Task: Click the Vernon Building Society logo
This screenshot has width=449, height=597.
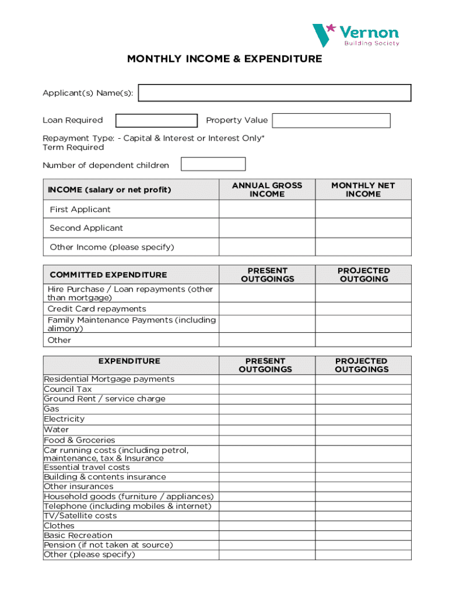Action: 356,35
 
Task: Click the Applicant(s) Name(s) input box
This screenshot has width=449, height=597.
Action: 275,93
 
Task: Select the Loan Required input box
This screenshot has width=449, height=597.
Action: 156,121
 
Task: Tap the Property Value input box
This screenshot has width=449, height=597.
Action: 331,121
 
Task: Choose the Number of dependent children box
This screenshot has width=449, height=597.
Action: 213,164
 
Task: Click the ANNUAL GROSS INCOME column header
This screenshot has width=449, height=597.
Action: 267,189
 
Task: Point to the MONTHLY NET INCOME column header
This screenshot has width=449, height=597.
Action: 363,189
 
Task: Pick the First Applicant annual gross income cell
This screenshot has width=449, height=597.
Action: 267,209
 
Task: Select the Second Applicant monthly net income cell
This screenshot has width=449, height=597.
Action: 363,228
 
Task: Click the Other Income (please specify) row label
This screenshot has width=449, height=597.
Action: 112,247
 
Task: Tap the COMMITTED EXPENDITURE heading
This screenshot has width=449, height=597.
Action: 108,275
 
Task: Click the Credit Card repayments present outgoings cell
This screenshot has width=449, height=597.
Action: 267,309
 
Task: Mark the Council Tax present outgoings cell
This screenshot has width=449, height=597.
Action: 267,389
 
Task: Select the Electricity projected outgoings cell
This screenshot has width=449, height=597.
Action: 363,419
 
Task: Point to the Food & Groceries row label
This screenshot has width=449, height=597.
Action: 79,440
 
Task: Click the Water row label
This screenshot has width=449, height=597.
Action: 56,430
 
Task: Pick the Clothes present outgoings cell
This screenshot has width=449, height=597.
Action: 267,526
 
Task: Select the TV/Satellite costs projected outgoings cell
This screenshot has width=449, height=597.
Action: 363,516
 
